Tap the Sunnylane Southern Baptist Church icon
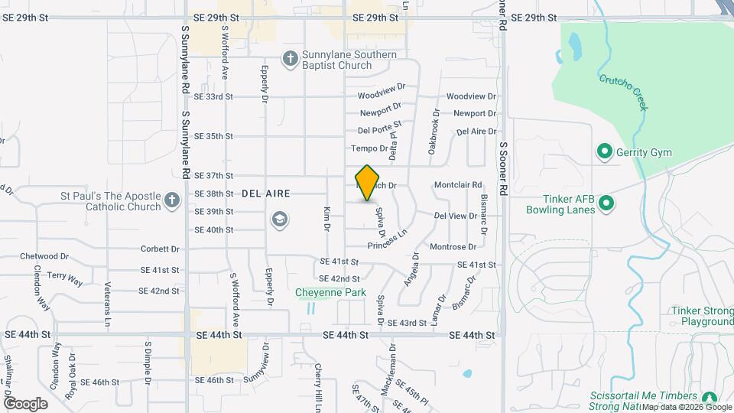point(290,58)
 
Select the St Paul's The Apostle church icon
point(171,201)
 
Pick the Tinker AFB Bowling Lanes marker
point(606,203)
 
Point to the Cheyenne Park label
point(331,292)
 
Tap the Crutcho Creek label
point(623,92)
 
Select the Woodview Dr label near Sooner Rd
point(471,96)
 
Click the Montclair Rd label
point(458,185)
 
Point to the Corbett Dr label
point(160,249)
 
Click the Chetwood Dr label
point(44,256)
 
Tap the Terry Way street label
point(65,279)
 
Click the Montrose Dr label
point(453,246)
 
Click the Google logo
point(25,404)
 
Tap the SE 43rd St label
point(406,324)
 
